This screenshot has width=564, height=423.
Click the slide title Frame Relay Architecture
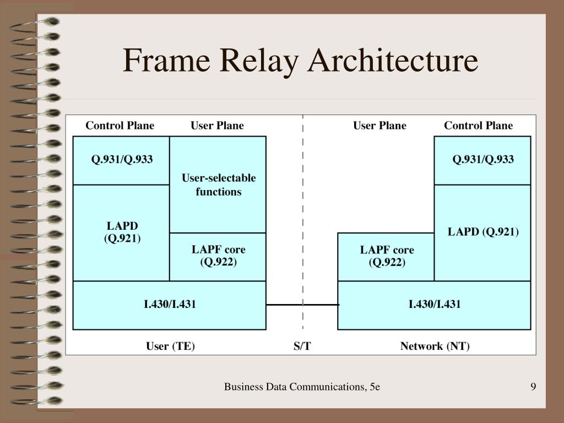click(x=300, y=61)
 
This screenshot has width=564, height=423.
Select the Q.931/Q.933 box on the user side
click(x=122, y=160)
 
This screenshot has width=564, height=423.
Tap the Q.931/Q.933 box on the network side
click(x=482, y=160)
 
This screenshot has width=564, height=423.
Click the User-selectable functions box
click(x=218, y=185)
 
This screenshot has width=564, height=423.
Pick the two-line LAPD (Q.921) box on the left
click(x=122, y=232)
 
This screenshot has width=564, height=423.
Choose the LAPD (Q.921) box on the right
click(x=482, y=232)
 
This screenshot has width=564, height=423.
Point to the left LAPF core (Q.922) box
click(x=218, y=256)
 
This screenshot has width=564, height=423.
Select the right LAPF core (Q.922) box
click(x=386, y=256)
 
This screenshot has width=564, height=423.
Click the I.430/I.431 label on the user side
click(x=170, y=305)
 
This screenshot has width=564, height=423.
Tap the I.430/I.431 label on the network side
click(x=434, y=305)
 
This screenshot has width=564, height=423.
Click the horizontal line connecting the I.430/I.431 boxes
click(x=302, y=305)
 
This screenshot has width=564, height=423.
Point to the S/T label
click(x=302, y=346)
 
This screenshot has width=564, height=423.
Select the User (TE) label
click(x=170, y=346)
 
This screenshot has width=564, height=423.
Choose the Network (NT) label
click(x=435, y=346)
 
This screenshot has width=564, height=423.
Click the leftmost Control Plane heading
click(x=120, y=126)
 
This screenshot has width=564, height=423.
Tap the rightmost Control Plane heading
click(x=478, y=126)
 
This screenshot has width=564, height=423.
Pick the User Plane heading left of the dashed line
click(x=217, y=126)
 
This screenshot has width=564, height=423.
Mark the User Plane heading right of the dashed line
click(x=379, y=126)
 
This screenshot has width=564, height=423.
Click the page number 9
click(x=533, y=387)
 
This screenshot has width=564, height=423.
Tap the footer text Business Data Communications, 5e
click(x=302, y=387)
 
